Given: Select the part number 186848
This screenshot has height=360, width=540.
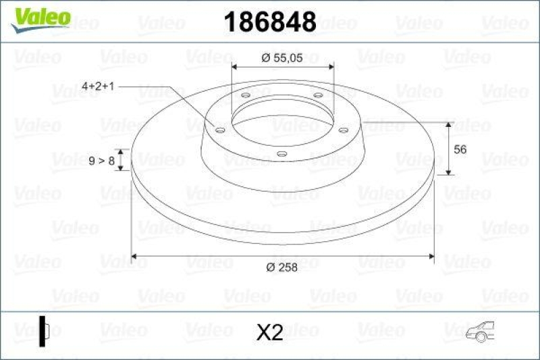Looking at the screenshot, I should click(269, 23).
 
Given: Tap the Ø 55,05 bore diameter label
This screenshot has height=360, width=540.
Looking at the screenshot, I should click(282, 58).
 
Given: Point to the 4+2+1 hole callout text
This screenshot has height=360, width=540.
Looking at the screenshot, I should click(98, 87).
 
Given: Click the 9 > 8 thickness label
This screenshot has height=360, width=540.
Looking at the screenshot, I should click(101, 160).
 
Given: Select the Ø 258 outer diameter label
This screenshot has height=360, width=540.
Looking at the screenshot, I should click(281, 268).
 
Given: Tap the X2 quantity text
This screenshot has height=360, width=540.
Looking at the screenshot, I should click(270, 332).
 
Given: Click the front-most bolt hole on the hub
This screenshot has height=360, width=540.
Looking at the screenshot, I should click(281, 154).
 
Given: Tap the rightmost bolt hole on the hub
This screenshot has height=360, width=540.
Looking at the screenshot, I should click(343, 130).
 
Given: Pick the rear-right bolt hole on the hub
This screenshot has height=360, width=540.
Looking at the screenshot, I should click(317, 95).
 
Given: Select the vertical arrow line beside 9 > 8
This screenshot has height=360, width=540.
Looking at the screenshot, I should click(122, 160).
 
